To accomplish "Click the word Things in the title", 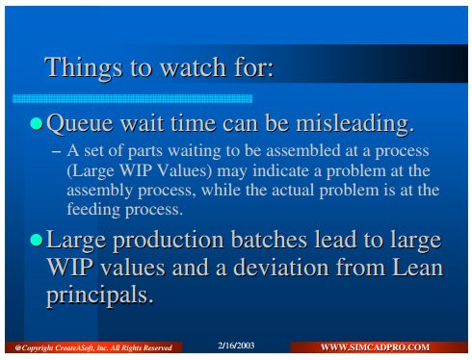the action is click(84, 68).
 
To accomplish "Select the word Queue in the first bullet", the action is click(80, 124).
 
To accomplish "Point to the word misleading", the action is click(354, 124).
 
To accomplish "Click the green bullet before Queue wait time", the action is click(37, 123).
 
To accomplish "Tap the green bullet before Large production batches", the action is click(37, 240).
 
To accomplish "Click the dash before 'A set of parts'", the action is click(57, 151).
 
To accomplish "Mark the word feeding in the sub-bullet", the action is click(93, 210).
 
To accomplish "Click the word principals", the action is click(100, 296).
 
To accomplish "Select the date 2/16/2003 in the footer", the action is click(236, 346).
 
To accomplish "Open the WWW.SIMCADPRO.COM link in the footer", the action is click(375, 347).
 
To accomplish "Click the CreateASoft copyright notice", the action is click(93, 348).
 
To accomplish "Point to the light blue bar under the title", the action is click(132, 98).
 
